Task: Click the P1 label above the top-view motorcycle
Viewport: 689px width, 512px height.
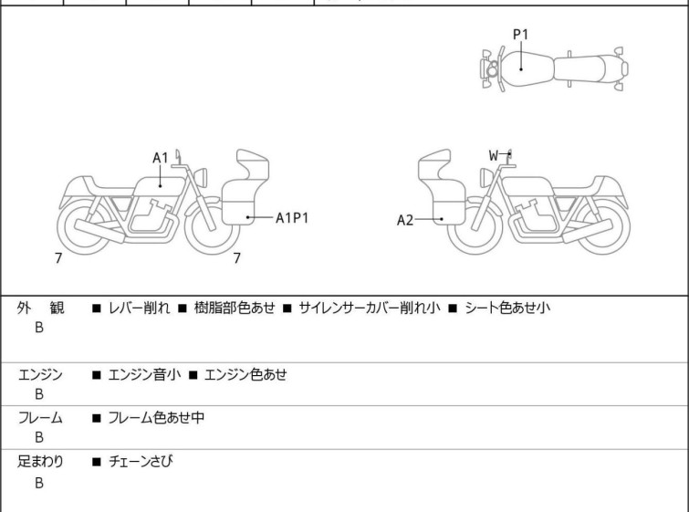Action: (521, 35)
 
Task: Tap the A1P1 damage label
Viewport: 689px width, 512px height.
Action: (292, 217)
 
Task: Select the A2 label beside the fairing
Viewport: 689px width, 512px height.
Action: (405, 220)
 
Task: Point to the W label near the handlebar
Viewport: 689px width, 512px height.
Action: (494, 155)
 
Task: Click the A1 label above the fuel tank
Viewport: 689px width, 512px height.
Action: (161, 158)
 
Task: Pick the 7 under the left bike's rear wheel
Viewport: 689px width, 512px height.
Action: (58, 258)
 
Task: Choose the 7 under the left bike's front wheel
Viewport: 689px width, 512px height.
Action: (237, 258)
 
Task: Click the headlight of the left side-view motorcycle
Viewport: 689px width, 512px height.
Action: (201, 177)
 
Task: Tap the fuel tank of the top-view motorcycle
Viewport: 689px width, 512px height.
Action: (527, 69)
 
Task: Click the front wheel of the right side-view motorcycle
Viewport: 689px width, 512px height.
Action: (475, 227)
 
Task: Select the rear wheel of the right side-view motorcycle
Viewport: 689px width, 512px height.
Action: (602, 227)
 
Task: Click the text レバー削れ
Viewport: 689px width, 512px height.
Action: (139, 308)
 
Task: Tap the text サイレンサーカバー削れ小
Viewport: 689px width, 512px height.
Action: (370, 308)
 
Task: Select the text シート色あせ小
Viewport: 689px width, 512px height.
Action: (507, 308)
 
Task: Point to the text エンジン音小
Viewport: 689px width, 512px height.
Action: (144, 375)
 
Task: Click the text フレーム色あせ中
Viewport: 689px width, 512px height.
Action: (156, 417)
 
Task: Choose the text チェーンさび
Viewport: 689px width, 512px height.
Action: (141, 462)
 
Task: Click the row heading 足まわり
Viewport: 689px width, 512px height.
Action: (40, 462)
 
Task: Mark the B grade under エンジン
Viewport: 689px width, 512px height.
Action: (39, 394)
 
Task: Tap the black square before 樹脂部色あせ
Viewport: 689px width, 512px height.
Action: (183, 308)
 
